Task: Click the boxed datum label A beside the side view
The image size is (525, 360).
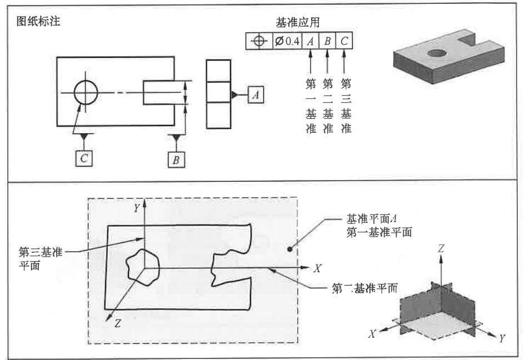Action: click(x=256, y=95)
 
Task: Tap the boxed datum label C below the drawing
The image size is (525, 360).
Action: click(x=84, y=158)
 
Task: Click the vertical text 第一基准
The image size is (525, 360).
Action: click(x=311, y=106)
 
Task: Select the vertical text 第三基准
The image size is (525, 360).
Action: click(x=346, y=106)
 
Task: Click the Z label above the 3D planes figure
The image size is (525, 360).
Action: click(x=440, y=249)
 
